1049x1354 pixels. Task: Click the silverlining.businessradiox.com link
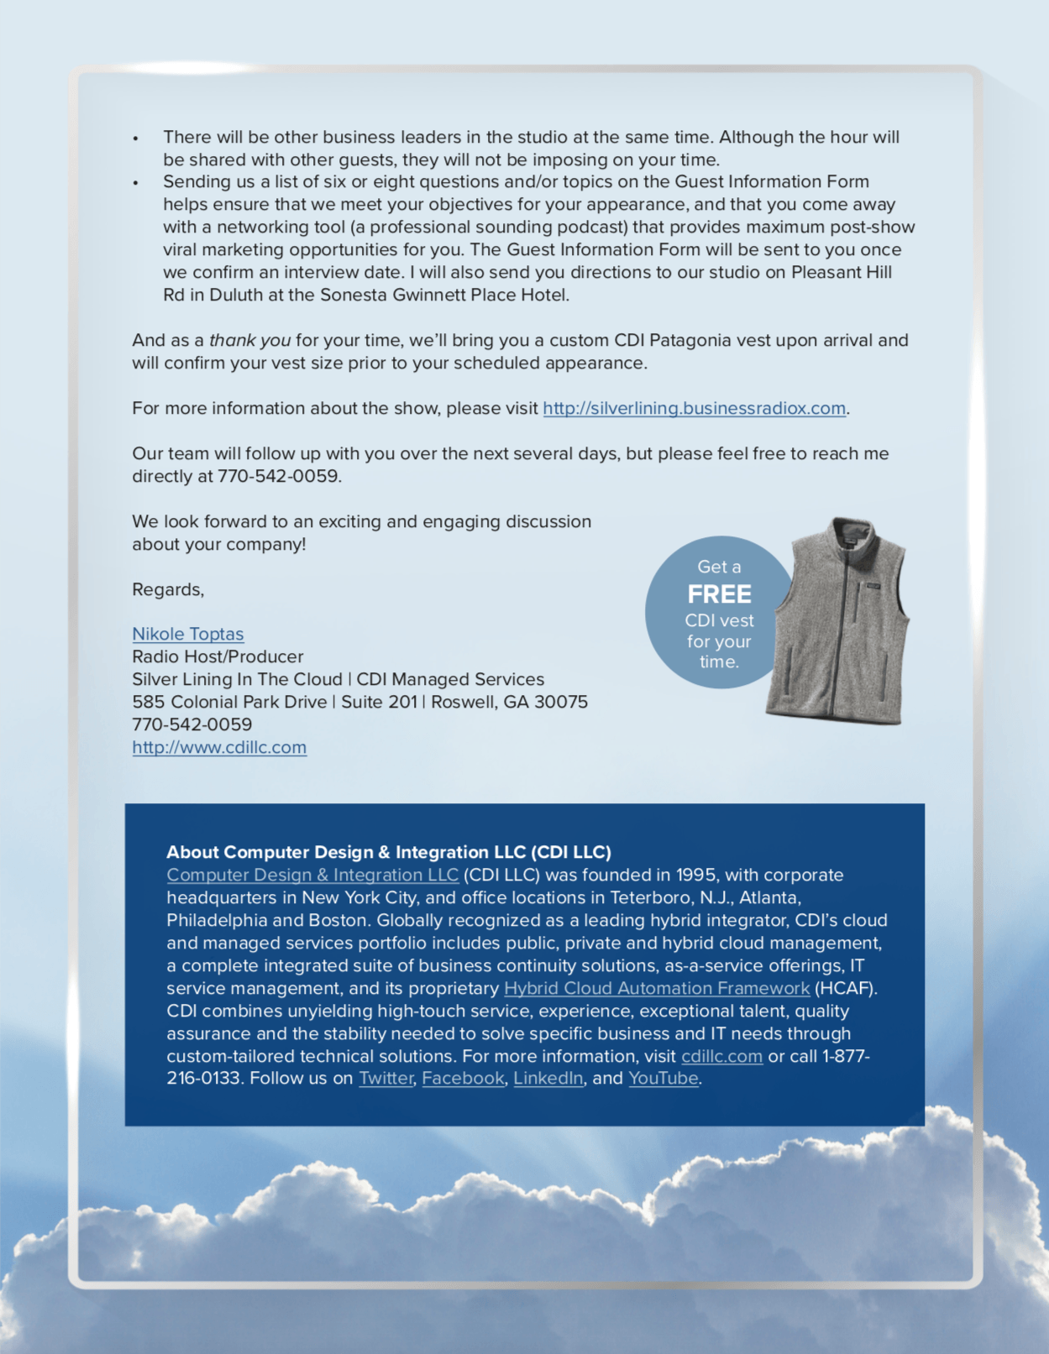(x=694, y=409)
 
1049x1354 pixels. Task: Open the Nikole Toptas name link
(x=187, y=635)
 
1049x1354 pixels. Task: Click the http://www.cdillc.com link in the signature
(x=219, y=748)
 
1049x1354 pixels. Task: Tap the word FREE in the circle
(x=719, y=594)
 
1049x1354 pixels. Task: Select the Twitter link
(x=386, y=1079)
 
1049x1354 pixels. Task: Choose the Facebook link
(x=463, y=1079)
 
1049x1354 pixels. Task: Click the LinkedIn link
(x=548, y=1079)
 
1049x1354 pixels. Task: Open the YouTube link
(x=663, y=1079)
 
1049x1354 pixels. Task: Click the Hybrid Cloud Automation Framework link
(x=656, y=989)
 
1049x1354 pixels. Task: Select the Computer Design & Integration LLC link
(x=312, y=876)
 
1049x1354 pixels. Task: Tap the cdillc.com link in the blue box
(x=721, y=1057)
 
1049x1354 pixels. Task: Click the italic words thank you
(x=249, y=341)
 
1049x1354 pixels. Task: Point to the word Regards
(x=167, y=590)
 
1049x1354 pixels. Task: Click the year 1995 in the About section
(x=696, y=876)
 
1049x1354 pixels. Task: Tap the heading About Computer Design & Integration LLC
(x=388, y=853)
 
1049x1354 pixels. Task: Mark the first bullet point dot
(x=135, y=139)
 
